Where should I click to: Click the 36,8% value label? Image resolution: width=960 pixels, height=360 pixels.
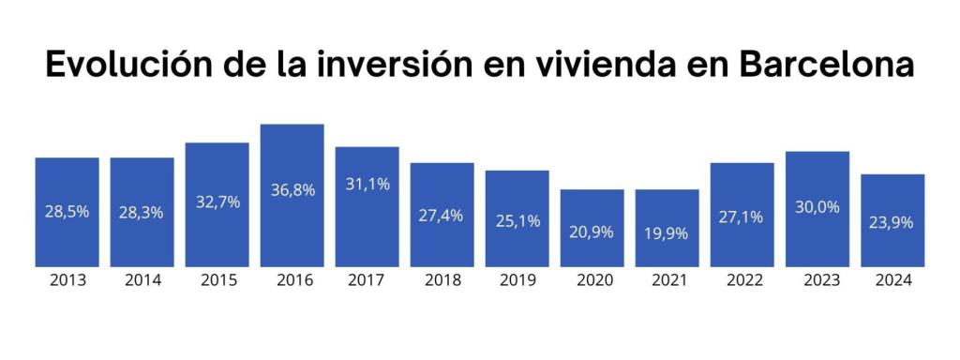pyautogui.click(x=292, y=190)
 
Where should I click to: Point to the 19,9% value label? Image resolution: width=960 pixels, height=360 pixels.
pyautogui.click(x=667, y=232)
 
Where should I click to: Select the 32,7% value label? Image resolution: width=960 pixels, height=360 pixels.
pyautogui.click(x=217, y=202)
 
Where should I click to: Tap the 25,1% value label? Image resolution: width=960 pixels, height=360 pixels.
pyautogui.click(x=517, y=220)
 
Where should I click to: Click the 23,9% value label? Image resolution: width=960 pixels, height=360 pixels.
pyautogui.click(x=892, y=223)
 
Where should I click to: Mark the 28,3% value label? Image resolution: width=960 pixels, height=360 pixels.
pyautogui.click(x=142, y=213)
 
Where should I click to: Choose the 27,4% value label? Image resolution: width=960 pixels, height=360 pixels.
pyautogui.click(x=442, y=216)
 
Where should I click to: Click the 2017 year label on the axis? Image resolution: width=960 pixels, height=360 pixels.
pyautogui.click(x=367, y=280)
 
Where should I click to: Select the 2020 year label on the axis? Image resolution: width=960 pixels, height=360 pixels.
pyautogui.click(x=592, y=280)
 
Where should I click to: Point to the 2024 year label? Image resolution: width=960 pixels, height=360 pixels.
pyautogui.click(x=892, y=280)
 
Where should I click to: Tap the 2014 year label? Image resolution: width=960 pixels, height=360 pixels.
pyautogui.click(x=142, y=280)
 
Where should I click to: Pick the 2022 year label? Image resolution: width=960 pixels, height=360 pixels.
pyautogui.click(x=742, y=280)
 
